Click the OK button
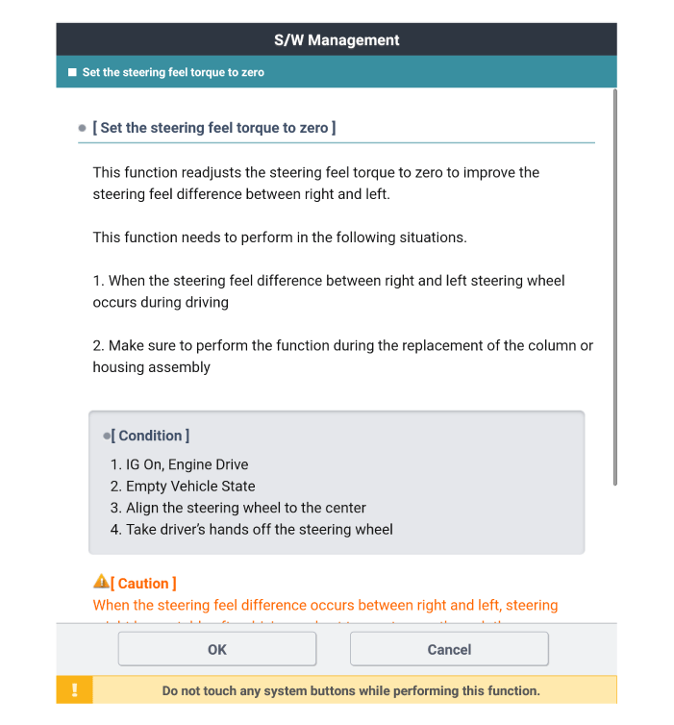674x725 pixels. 217,649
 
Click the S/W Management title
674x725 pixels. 337,39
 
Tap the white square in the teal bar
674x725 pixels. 72,72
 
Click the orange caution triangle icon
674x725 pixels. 101,582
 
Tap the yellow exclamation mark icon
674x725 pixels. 75,690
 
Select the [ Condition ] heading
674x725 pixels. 150,436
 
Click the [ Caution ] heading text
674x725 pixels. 143,584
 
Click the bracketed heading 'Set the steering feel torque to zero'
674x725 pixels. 213,128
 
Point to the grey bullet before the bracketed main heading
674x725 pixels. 83,129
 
